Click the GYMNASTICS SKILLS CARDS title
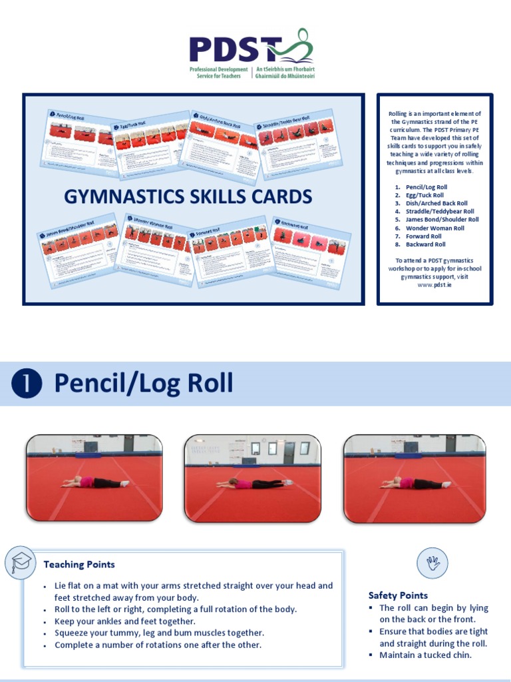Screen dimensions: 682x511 tap(188, 196)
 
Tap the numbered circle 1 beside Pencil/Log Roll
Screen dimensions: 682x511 tap(27, 384)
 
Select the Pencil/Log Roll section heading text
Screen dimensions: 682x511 tap(143, 384)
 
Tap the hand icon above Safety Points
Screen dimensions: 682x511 tap(432, 563)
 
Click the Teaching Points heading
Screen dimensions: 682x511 tap(79, 565)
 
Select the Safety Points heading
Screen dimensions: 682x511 tap(398, 595)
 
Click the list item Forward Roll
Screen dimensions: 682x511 tap(423, 236)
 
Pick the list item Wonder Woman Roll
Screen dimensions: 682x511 tap(434, 228)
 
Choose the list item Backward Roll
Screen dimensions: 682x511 tap(425, 244)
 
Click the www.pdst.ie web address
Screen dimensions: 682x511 tap(434, 285)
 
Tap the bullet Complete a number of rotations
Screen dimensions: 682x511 tap(158, 645)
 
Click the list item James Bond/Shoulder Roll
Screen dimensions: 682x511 tap(442, 219)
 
